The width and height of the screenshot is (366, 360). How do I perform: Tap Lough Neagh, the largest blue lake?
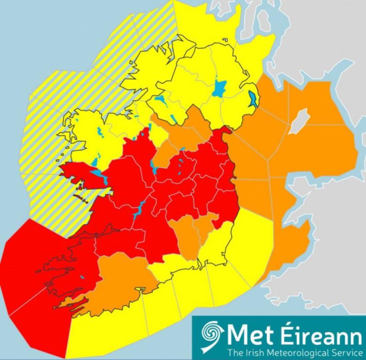[x=220, y=88]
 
